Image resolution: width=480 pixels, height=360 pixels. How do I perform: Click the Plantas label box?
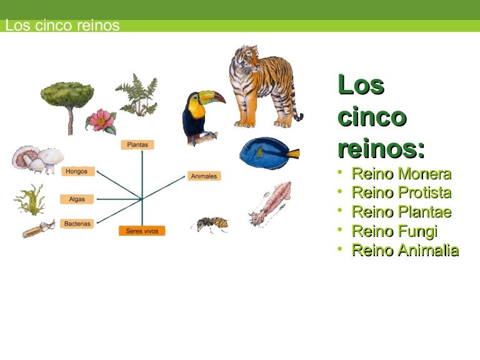pyautogui.click(x=137, y=145)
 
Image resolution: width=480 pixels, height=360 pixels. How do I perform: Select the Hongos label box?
pyautogui.click(x=78, y=171)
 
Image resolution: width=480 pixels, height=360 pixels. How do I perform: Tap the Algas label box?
pyautogui.click(x=77, y=199)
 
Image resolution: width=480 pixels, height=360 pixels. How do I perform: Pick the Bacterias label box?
pyautogui.click(x=77, y=224)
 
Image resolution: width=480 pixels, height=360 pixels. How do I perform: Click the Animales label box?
pyautogui.click(x=204, y=176)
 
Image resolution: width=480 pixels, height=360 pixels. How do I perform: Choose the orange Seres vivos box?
pyautogui.click(x=142, y=231)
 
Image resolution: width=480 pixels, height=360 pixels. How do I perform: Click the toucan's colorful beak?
pyautogui.click(x=212, y=97)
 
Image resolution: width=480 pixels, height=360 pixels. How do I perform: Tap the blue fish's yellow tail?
pyautogui.click(x=293, y=153)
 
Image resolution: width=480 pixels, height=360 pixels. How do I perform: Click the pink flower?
pyautogui.click(x=101, y=121)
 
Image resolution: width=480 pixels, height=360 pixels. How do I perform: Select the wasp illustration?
pyautogui.click(x=211, y=224)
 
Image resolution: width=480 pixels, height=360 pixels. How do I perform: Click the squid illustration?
pyautogui.click(x=270, y=203)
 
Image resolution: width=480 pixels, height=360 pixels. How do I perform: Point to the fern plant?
pyautogui.click(x=137, y=96)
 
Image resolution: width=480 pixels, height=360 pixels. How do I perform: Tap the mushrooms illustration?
pyautogui.click(x=38, y=159)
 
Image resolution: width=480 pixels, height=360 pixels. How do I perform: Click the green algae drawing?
pyautogui.click(x=30, y=200)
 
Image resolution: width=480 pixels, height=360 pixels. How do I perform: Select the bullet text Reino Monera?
pyautogui.click(x=401, y=174)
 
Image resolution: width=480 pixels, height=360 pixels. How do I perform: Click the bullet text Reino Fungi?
pyautogui.click(x=394, y=231)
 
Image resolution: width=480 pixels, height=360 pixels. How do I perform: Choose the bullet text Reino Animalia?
pyautogui.click(x=405, y=250)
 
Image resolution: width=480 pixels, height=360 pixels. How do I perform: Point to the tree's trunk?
pyautogui.click(x=71, y=121)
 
